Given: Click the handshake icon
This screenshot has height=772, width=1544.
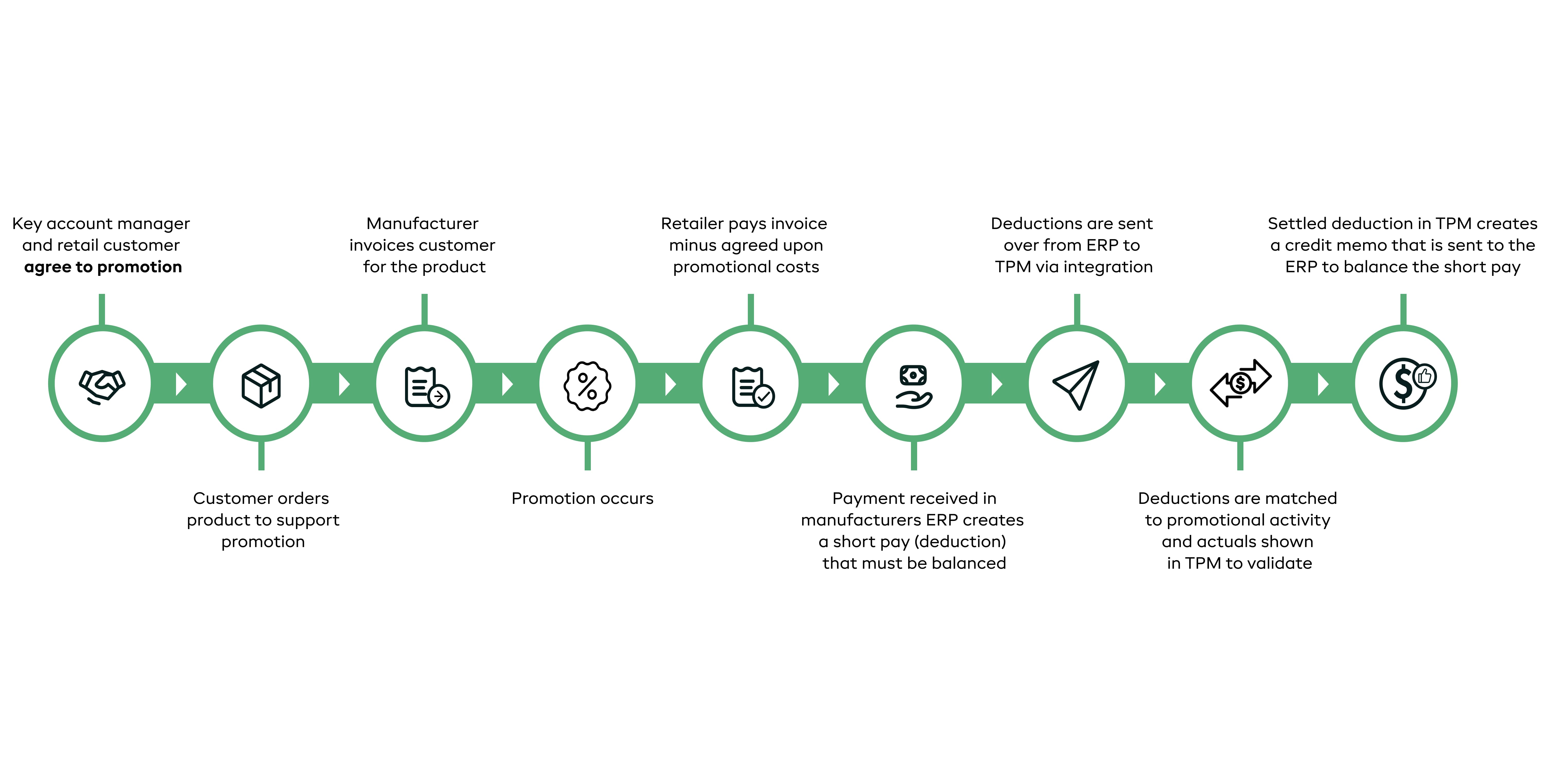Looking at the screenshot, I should coord(102,385).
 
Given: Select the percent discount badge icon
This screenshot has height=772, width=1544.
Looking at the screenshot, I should coord(587,385).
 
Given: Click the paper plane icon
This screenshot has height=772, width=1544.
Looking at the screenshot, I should coord(1076,385).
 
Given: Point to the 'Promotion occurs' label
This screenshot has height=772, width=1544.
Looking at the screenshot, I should coord(582,498).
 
